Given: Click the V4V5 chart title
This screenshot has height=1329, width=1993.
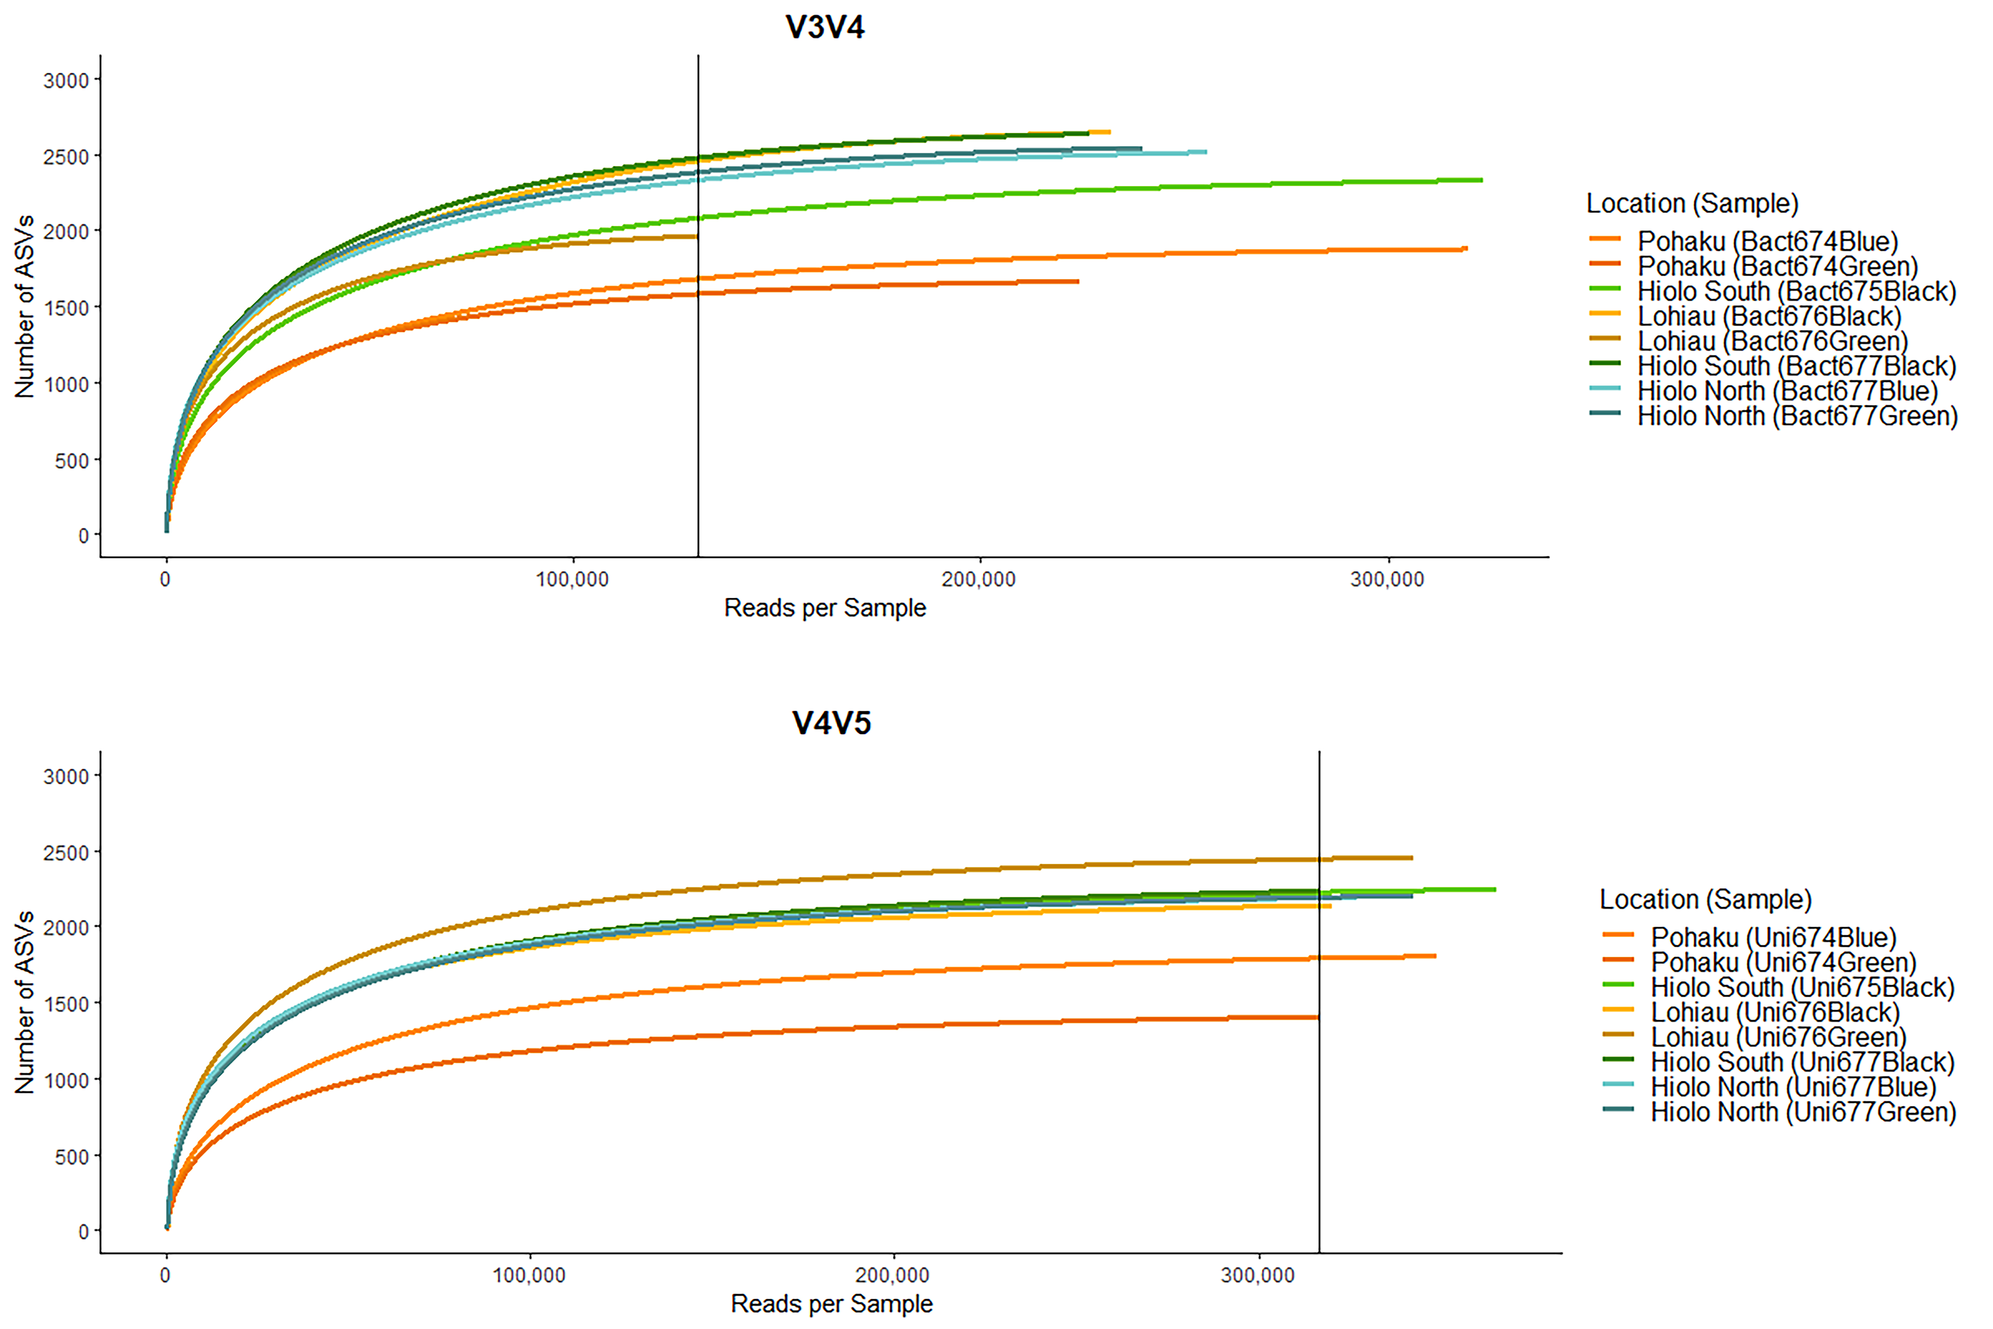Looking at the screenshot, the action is pos(831,723).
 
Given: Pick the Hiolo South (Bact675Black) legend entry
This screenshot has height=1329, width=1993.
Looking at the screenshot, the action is pos(1773,292).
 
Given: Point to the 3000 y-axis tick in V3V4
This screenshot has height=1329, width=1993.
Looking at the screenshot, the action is pos(66,80).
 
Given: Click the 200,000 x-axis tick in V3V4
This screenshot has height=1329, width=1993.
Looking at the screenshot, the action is pos(979,580).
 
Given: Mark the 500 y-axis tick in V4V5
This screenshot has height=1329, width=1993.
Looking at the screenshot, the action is pos(72,1157).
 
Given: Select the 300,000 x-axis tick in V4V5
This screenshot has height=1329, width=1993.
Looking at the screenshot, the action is pos(1258,1276).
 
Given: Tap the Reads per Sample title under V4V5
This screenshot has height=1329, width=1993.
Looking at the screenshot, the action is pos(831,1303).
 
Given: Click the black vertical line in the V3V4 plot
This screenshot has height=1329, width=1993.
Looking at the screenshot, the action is pos(698,306).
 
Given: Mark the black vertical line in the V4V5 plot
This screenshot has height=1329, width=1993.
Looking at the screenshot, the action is pos(1319,1002).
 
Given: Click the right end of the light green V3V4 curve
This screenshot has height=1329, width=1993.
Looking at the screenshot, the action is pos(1482,180).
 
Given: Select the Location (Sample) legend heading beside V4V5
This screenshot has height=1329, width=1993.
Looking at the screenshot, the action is pos(1705,899).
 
